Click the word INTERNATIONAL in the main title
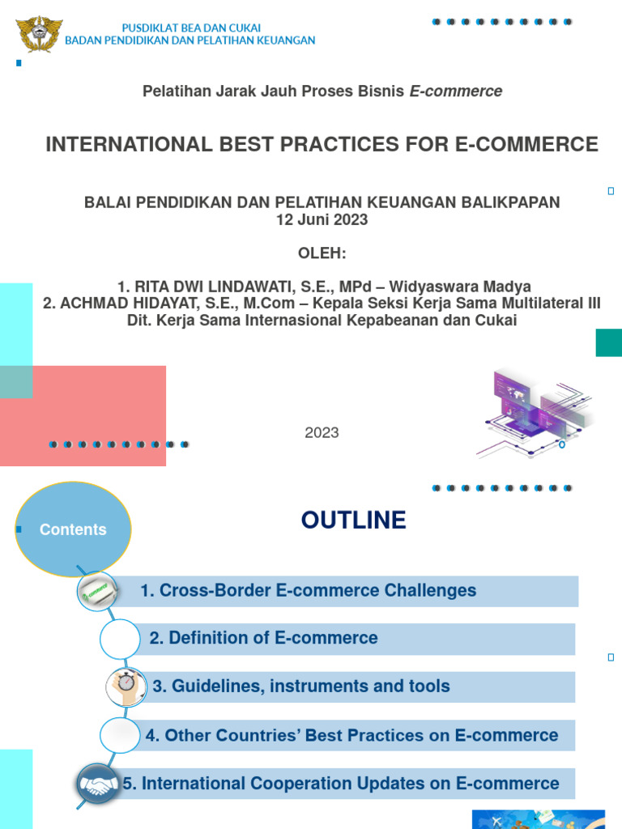[117, 145]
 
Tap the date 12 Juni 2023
[322, 219]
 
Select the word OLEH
[322, 254]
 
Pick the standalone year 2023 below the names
[322, 433]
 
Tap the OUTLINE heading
[353, 521]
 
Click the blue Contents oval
[73, 529]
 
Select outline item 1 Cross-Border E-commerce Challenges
[308, 591]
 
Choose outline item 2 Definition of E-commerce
[263, 638]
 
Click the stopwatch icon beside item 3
[126, 685]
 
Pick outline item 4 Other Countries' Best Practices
[351, 735]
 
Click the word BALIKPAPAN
[509, 202]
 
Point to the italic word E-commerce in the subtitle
[456, 91]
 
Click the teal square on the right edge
[608, 342]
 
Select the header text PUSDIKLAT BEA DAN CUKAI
[190, 28]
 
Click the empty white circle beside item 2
[120, 638]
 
